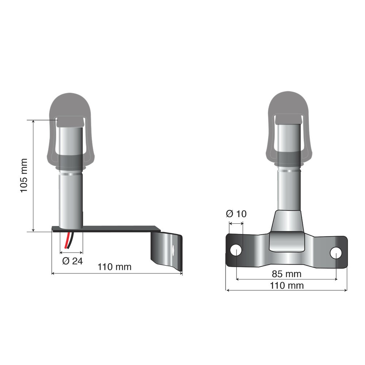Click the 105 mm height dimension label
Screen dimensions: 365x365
[23, 175]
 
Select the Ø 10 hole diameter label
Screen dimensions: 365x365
[236, 214]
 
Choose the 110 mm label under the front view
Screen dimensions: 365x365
[287, 285]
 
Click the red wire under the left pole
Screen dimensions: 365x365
[67, 241]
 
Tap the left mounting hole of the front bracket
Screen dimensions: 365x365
[236, 250]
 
